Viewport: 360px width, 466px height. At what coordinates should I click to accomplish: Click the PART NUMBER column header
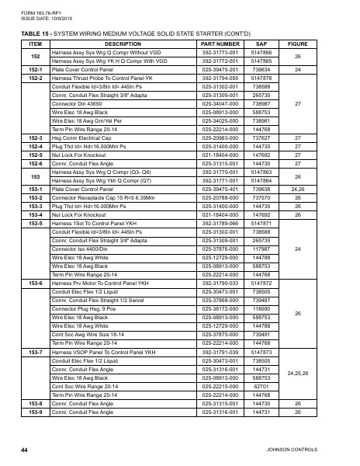(x=224, y=44)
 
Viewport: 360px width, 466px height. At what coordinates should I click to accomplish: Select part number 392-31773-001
(x=224, y=51)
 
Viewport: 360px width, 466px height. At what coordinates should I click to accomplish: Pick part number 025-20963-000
(x=224, y=137)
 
